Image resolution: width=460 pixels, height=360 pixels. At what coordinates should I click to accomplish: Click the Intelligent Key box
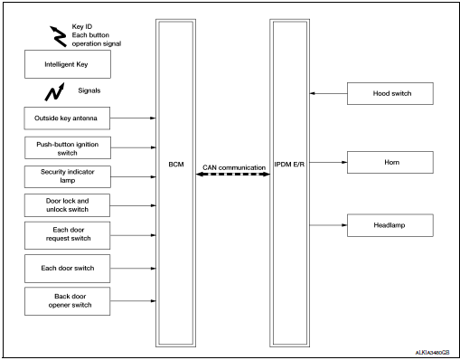[69, 64]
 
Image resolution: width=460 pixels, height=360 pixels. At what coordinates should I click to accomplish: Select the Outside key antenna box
[69, 118]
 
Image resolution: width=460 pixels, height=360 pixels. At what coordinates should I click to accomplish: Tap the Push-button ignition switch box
[69, 147]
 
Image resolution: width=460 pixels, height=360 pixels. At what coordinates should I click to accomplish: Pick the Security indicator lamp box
[69, 175]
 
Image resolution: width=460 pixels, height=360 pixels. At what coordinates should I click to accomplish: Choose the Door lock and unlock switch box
[69, 204]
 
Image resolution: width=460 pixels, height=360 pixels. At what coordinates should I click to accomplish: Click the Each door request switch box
[69, 235]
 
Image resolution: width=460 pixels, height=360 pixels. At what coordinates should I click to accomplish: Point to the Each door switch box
[69, 268]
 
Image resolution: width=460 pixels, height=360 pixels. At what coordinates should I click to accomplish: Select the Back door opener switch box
[69, 299]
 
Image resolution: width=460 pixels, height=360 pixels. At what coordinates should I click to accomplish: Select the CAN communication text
[233, 167]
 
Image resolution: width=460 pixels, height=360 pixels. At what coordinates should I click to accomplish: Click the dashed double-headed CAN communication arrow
[233, 176]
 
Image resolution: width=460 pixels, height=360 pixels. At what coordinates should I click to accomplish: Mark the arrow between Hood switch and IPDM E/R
[328, 92]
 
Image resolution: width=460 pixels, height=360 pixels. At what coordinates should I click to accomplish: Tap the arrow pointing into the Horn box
[328, 164]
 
